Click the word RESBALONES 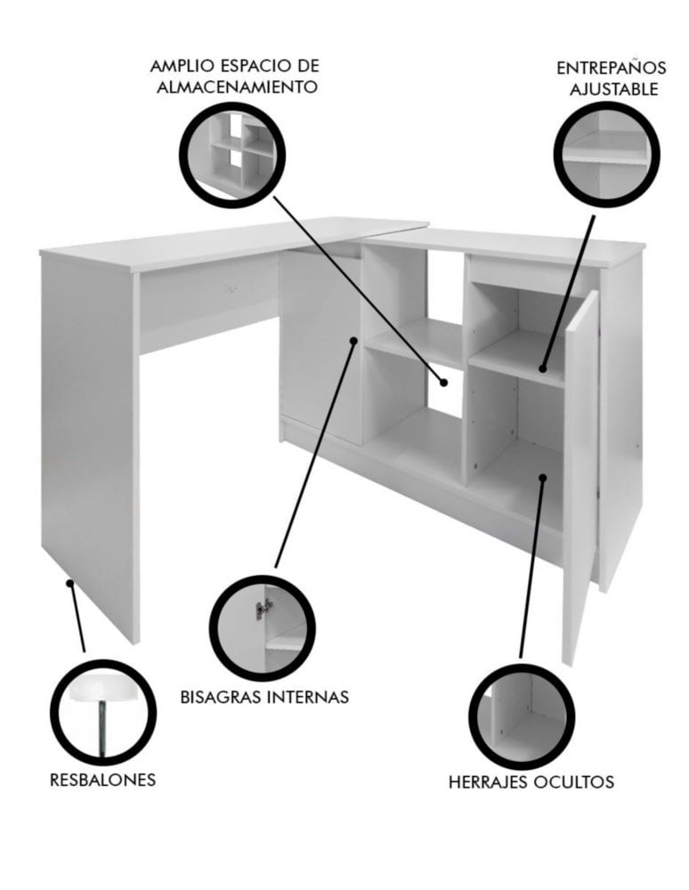click(x=102, y=780)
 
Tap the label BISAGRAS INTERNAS click(x=264, y=697)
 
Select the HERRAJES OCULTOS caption click(x=531, y=781)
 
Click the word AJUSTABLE click(x=614, y=90)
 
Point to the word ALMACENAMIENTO click(x=236, y=87)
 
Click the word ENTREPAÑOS click(x=611, y=69)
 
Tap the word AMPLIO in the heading click(x=181, y=66)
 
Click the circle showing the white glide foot click(x=102, y=712)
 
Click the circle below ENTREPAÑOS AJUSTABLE click(x=607, y=154)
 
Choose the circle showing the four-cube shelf click(x=232, y=154)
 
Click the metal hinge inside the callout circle click(x=261, y=609)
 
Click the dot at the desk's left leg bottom click(x=69, y=583)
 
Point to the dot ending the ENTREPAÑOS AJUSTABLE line click(x=543, y=368)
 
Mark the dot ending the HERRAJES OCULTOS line click(x=543, y=478)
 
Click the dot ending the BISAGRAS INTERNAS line click(x=353, y=341)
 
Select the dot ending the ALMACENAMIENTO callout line click(x=444, y=383)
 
